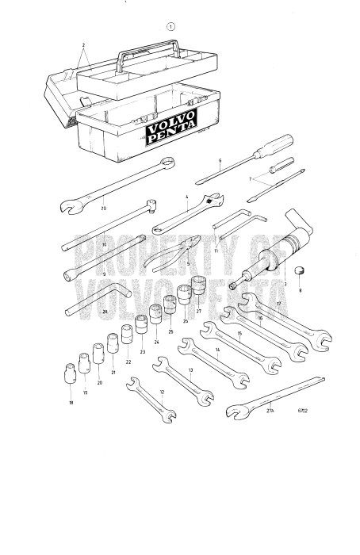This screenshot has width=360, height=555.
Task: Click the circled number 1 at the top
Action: pos(171,26)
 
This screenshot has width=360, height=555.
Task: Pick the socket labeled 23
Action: pos(142,326)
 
